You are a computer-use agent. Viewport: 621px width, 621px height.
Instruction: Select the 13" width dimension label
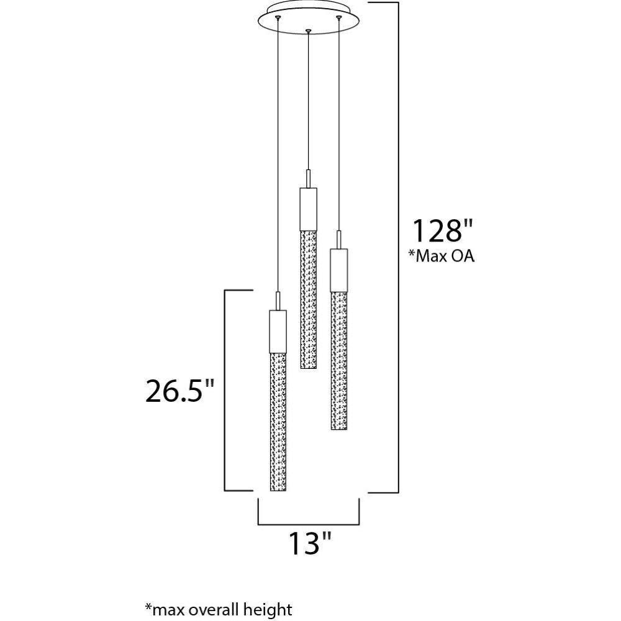(309, 544)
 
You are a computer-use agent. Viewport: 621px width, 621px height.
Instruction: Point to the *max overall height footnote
(218, 609)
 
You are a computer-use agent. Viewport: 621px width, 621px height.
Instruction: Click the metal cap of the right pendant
(338, 270)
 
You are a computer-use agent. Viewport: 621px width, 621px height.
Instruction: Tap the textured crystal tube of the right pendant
(338, 360)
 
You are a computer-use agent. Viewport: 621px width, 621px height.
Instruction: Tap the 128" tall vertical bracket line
(397, 248)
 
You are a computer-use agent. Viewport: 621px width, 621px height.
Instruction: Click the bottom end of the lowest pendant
(278, 489)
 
